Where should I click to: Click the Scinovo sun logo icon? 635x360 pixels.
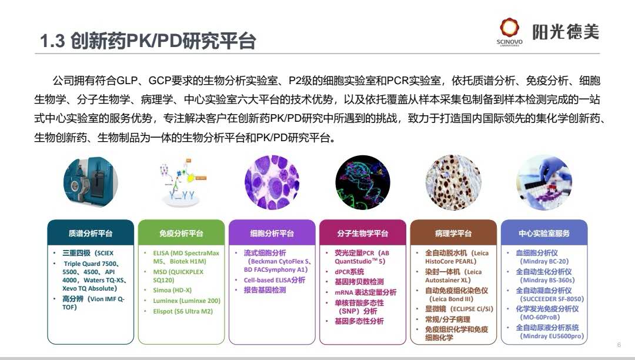509,28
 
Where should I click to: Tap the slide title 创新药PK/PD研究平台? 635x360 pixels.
163,41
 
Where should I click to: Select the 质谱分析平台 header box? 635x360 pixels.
91,233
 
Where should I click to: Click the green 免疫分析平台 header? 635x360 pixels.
181,233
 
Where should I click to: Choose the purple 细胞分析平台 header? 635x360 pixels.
272,233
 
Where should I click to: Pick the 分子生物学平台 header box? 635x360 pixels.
362,233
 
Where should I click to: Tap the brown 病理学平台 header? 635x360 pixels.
453,233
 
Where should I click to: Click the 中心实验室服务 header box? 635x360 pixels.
544,233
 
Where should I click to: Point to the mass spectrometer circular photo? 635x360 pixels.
91,182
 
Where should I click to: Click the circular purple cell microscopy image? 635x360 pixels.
272,182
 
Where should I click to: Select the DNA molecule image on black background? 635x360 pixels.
362,182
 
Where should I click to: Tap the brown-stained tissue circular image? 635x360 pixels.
453,182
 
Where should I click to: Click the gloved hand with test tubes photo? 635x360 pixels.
544,182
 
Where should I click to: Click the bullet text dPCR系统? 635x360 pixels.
349,272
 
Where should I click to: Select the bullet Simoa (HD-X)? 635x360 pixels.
172,290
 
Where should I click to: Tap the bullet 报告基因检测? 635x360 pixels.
265,290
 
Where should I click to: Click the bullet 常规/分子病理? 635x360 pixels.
447,319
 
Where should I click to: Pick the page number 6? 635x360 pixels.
619,345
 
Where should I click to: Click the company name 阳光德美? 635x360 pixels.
566,32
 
